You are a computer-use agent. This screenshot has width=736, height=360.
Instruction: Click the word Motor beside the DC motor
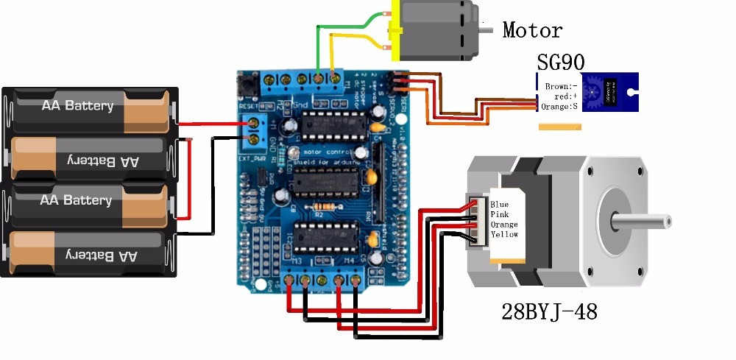(x=532, y=30)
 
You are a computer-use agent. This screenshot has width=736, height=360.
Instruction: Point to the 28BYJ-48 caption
(x=549, y=312)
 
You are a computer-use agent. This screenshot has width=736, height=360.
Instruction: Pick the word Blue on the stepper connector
(x=499, y=204)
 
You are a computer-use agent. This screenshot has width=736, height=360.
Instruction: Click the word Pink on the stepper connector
(x=499, y=214)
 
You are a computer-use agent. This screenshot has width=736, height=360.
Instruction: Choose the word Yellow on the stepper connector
(x=504, y=234)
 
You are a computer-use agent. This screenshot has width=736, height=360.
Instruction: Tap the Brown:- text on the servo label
(x=560, y=86)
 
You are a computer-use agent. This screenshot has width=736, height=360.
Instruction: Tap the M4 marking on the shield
(x=351, y=261)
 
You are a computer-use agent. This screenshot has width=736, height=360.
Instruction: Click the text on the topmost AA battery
(x=77, y=106)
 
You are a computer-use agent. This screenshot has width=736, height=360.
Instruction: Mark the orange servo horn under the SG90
(x=562, y=127)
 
